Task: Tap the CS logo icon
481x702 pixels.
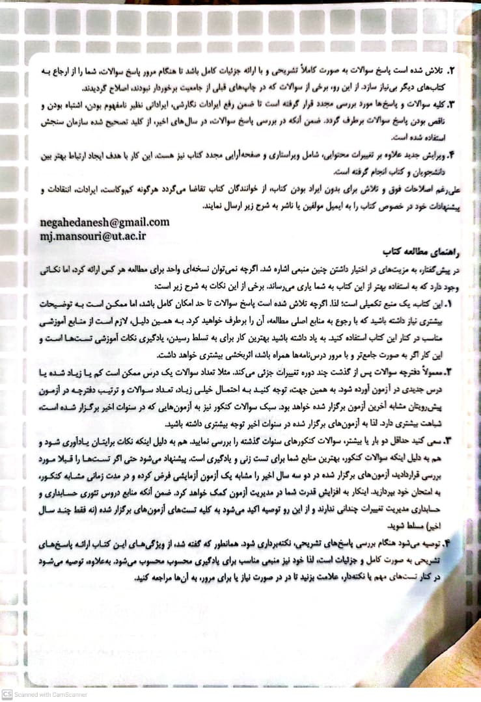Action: pos(7,694)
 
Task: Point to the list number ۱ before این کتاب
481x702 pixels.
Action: pos(449,303)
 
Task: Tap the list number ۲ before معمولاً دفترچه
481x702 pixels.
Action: pos(449,372)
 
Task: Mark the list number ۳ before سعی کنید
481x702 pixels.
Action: pos(449,442)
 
